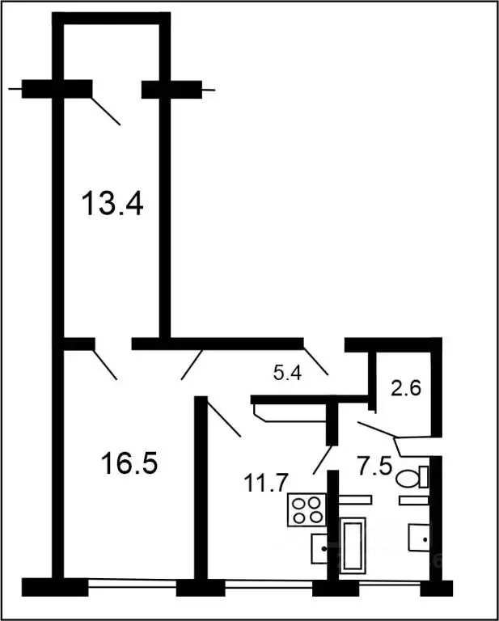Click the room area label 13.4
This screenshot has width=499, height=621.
(113, 204)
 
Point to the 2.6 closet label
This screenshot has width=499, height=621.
(405, 387)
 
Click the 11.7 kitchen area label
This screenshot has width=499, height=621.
(265, 484)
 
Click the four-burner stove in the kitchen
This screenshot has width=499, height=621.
(307, 509)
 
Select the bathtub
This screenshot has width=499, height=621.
(353, 546)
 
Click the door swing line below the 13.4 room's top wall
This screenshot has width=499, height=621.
(105, 111)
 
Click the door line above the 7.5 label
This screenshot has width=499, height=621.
(377, 429)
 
